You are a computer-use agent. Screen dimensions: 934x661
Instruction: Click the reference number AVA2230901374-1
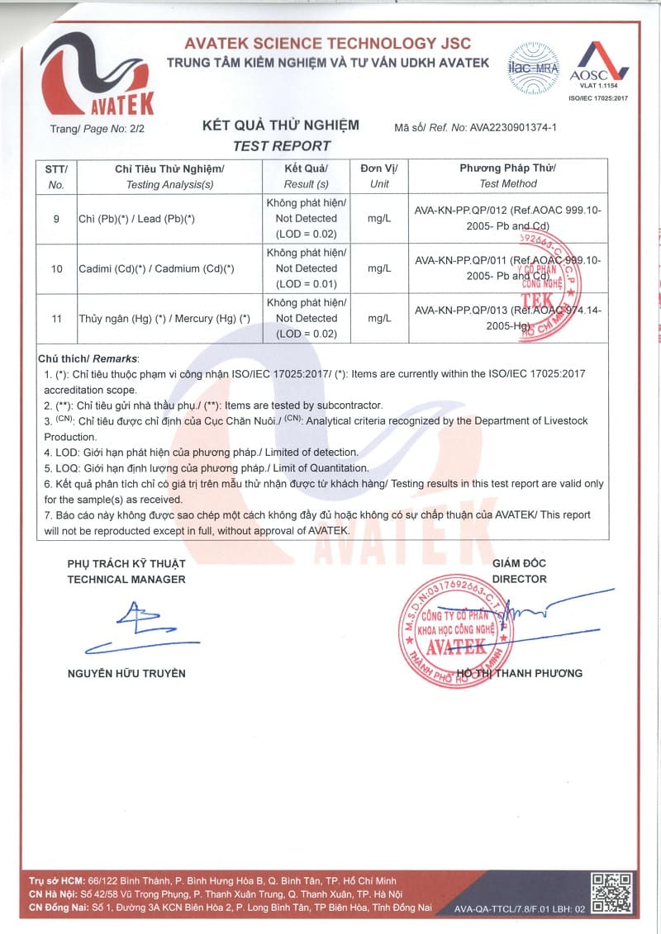point(513,128)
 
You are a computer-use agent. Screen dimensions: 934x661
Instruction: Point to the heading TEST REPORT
point(281,146)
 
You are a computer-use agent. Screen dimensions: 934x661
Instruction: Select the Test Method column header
point(508,183)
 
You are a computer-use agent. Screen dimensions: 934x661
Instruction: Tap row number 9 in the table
point(56,219)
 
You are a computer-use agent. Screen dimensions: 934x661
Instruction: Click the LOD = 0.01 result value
point(306,284)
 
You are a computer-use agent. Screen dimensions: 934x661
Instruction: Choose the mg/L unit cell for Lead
point(379,219)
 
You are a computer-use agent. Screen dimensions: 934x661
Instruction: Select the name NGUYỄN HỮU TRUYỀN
point(126,673)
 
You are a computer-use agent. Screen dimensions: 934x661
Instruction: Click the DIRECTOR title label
point(519,579)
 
